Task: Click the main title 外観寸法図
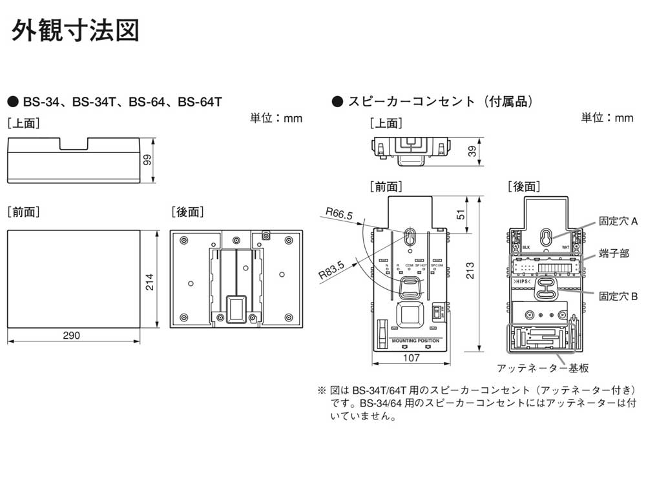[75, 30]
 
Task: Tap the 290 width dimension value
[72, 336]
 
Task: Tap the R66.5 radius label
[339, 213]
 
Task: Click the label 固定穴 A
[618, 221]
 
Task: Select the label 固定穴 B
[618, 296]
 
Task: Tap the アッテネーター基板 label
[543, 368]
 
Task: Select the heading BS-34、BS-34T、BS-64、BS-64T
[123, 101]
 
